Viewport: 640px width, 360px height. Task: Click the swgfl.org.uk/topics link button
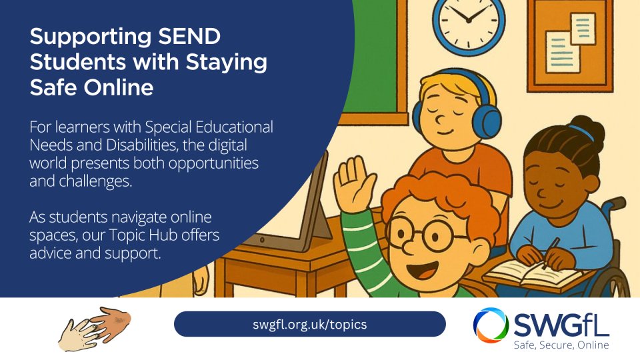(310, 324)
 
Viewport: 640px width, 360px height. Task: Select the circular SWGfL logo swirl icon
(491, 326)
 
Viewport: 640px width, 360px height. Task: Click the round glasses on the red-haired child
(425, 234)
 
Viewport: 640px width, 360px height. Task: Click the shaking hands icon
(94, 329)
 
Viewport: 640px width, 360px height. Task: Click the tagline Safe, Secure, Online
(561, 345)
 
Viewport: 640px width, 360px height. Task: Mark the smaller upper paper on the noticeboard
(583, 28)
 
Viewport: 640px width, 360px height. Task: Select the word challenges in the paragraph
(95, 181)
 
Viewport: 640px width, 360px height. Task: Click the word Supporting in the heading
(91, 37)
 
